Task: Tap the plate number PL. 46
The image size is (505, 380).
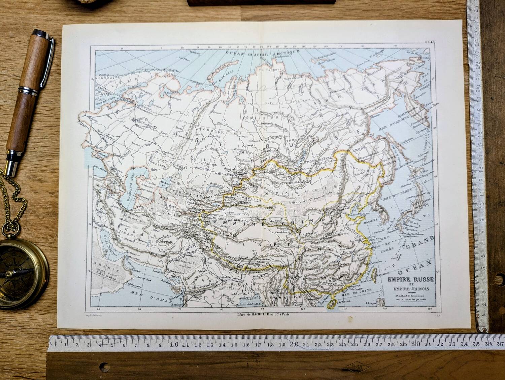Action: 430,42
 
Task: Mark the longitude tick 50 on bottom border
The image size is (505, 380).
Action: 98,309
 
